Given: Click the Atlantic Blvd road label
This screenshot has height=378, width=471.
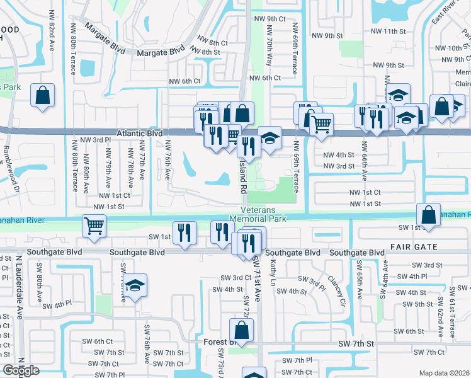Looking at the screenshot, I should pyautogui.click(x=139, y=134).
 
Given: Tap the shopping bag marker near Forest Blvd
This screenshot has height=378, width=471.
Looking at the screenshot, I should pyautogui.click(x=241, y=329).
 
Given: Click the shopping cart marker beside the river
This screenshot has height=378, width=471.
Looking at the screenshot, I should pyautogui.click(x=94, y=225).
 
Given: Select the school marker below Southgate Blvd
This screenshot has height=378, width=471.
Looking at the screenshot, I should pyautogui.click(x=135, y=285).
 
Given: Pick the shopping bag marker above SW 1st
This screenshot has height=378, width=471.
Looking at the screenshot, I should pyautogui.click(x=428, y=214).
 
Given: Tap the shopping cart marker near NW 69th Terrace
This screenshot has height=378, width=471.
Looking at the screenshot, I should pyautogui.click(x=321, y=123).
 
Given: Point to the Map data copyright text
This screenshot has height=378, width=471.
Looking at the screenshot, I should pyautogui.click(x=443, y=373).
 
